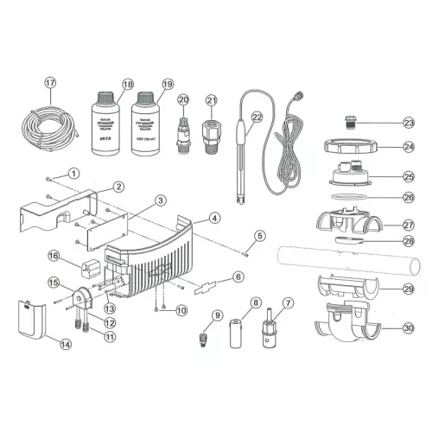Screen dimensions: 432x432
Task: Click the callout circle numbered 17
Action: pos(50,83)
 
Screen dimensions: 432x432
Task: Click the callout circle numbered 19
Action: pos(167,84)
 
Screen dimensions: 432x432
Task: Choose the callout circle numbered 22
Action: pos(256,118)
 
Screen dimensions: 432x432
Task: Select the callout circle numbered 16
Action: pos(53,256)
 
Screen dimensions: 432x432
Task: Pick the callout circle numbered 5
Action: pos(258,234)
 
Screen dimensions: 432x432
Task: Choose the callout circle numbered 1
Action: pos(74,174)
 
